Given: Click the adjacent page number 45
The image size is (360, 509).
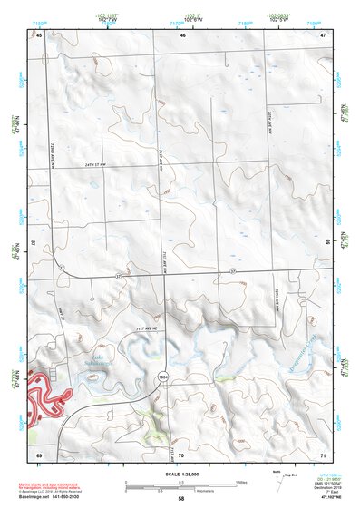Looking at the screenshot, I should pyautogui.click(x=39, y=34).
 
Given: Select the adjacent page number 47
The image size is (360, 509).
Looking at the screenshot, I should pyautogui.click(x=323, y=34).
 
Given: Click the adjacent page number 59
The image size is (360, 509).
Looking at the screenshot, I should pyautogui.click(x=327, y=243).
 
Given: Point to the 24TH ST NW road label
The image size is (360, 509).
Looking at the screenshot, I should pyautogui.click(x=100, y=163).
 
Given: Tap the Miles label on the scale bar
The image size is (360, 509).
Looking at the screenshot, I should pyautogui.click(x=239, y=481).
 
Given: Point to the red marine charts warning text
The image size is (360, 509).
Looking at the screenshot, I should pyautogui.click(x=68, y=484).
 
